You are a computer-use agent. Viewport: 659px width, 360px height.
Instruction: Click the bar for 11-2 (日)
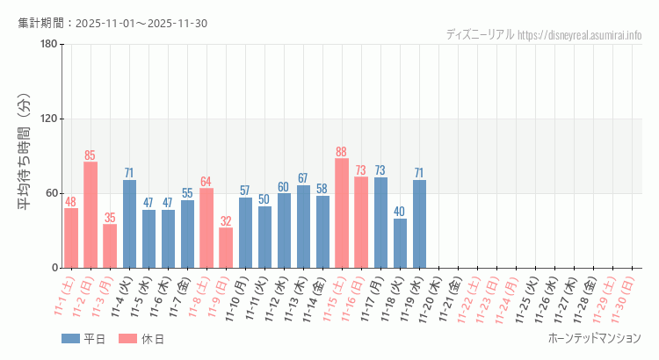pos(91,215)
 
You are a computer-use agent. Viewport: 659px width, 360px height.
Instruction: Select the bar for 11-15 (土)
pos(342,213)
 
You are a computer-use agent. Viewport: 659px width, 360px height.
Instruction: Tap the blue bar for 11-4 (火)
pos(129,224)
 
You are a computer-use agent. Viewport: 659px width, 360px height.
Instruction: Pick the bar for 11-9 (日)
pos(226,248)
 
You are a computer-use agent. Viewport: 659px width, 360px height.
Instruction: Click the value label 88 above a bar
pos(342,152)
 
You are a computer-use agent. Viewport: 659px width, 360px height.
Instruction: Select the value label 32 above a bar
pos(226,221)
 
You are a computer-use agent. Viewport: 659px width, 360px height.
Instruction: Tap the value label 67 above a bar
pos(303,178)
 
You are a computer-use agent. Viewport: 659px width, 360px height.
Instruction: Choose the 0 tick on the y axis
pos(54,268)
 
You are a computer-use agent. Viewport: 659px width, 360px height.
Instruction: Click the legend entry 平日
pos(83,339)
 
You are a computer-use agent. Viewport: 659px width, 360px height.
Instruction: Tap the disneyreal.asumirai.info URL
pos(580,35)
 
